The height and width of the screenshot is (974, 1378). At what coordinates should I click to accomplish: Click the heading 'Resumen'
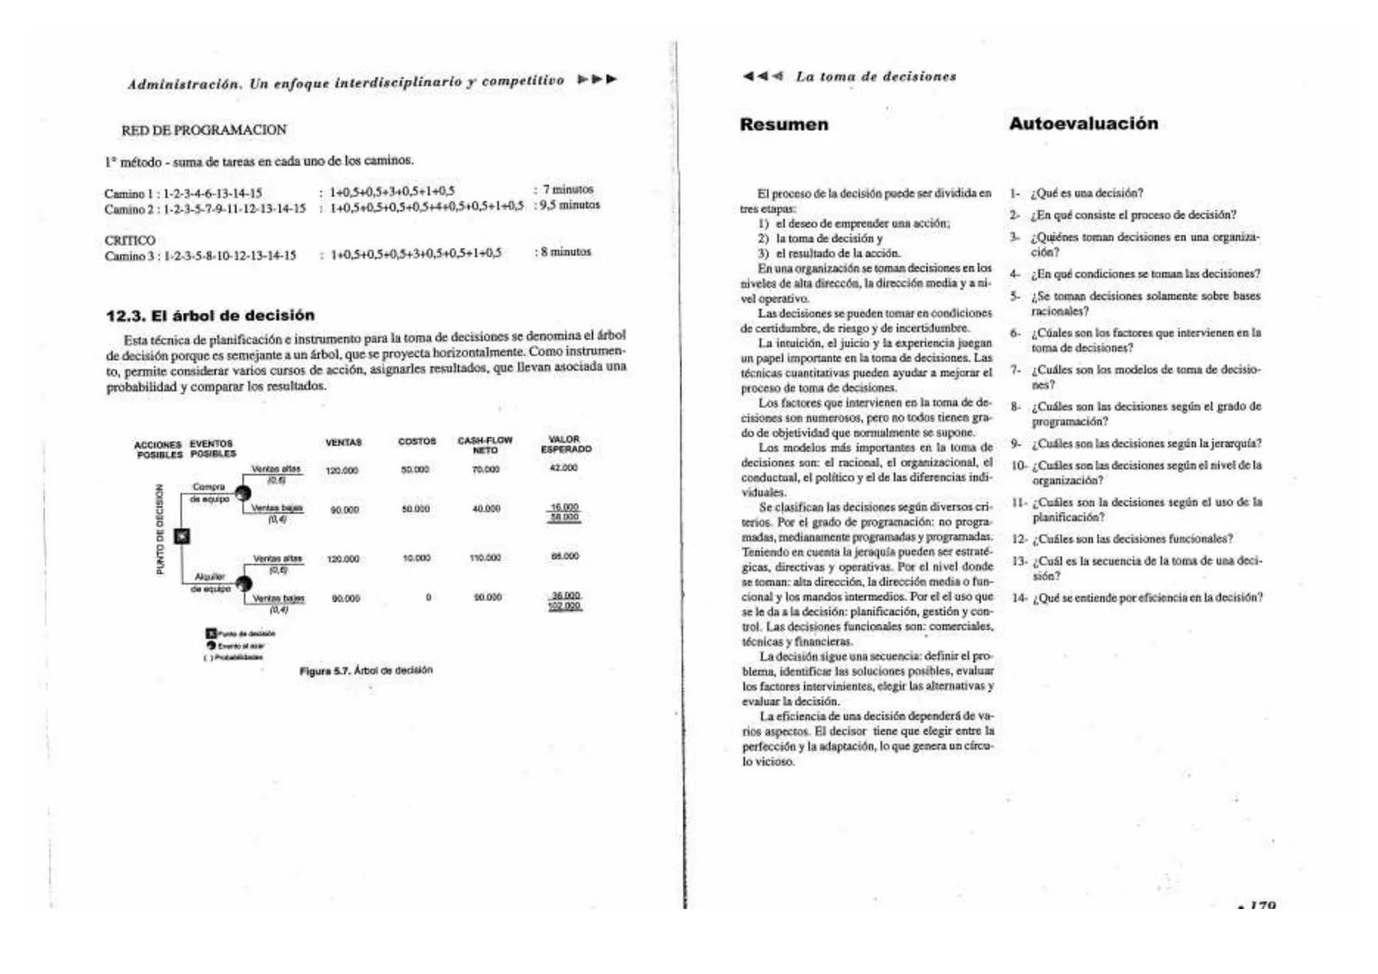783,124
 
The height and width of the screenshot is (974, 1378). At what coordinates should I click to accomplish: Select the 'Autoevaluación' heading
1083,124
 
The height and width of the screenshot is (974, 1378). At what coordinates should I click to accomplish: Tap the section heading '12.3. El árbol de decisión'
210,316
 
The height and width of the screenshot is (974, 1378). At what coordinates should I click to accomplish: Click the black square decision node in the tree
181,537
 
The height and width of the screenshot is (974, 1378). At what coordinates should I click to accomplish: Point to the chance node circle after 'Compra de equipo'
243,492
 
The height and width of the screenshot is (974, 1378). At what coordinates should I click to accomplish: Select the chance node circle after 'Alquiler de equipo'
243,583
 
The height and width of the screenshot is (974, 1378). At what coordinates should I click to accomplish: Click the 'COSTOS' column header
417,442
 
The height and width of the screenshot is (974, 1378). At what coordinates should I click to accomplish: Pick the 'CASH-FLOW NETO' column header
485,445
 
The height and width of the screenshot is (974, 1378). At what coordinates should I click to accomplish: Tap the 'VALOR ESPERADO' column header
565,445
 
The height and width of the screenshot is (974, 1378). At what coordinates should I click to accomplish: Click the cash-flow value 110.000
485,558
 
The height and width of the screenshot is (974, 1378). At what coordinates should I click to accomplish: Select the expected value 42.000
564,468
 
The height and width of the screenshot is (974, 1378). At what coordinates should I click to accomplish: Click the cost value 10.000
416,558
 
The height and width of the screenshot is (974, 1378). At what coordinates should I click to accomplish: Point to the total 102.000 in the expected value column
565,606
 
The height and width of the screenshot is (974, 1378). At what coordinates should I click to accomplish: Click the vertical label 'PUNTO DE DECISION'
161,529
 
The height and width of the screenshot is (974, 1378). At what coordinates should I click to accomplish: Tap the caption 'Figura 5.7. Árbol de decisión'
366,670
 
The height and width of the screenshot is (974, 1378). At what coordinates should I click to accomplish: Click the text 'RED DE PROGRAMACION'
204,130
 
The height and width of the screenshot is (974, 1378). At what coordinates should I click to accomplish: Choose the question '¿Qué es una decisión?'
1088,193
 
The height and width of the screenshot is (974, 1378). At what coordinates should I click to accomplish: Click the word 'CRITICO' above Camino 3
130,241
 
